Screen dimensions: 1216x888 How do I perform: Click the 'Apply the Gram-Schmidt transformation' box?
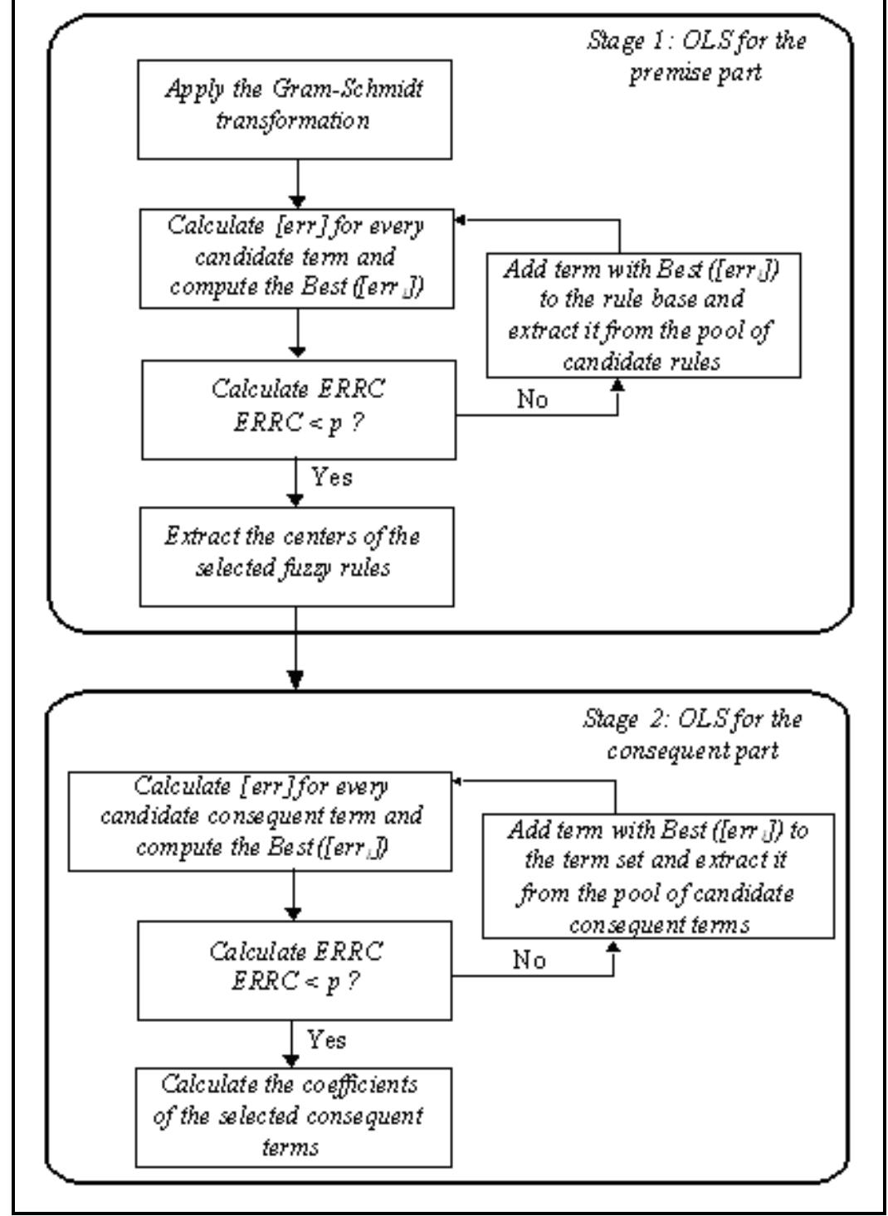pos(295,109)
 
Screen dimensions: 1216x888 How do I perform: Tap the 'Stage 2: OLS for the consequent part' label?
pos(692,734)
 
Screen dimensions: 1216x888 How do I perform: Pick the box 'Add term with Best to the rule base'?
pos(642,315)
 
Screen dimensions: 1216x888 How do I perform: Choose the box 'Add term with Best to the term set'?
pos(658,876)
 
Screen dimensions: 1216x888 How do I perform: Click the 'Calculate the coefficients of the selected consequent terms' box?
pos(295,1116)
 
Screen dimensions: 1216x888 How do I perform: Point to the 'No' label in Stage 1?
pos(532,400)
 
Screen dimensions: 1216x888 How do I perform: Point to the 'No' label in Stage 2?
pos(529,961)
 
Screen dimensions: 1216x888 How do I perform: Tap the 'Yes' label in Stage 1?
pos(331,477)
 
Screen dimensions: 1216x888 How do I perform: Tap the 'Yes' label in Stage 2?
pos(327,1039)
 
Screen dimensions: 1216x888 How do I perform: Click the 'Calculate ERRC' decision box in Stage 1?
pos(298,409)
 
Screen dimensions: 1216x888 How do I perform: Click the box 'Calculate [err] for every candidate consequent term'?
pos(261,817)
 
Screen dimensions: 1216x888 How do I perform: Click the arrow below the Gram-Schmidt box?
pos(297,183)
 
